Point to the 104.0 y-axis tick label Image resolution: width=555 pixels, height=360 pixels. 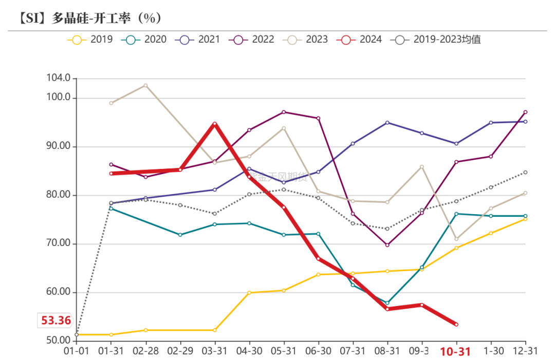59,79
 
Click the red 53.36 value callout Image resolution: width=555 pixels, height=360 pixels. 56,320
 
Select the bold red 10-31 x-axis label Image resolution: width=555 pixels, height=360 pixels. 455,351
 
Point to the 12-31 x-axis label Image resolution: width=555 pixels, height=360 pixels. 525,351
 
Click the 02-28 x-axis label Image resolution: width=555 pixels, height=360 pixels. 145,351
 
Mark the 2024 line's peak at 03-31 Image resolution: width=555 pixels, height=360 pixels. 215,124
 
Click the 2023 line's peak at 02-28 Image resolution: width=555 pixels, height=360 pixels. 145,85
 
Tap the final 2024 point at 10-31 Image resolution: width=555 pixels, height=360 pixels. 456,324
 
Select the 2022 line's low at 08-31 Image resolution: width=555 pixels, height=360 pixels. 387,245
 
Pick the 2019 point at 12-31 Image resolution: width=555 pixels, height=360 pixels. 525,219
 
